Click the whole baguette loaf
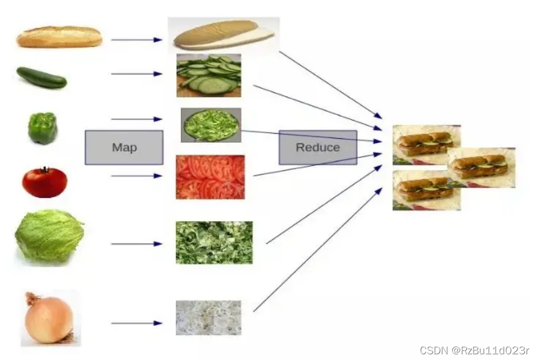[59, 36]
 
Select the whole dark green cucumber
[42, 77]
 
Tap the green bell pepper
[43, 127]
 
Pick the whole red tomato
[44, 182]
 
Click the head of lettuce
[49, 237]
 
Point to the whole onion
[49, 318]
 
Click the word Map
[124, 147]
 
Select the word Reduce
[318, 147]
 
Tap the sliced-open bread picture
[224, 35]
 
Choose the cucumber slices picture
[209, 75]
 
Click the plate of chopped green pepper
[211, 125]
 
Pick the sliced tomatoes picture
[210, 177]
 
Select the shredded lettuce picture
[214, 243]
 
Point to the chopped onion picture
[209, 318]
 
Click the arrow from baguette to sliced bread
[136, 40]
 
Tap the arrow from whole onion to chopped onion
[136, 323]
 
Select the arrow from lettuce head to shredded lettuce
[136, 243]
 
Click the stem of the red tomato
[45, 169]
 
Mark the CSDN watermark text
[474, 350]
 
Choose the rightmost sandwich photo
[481, 167]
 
